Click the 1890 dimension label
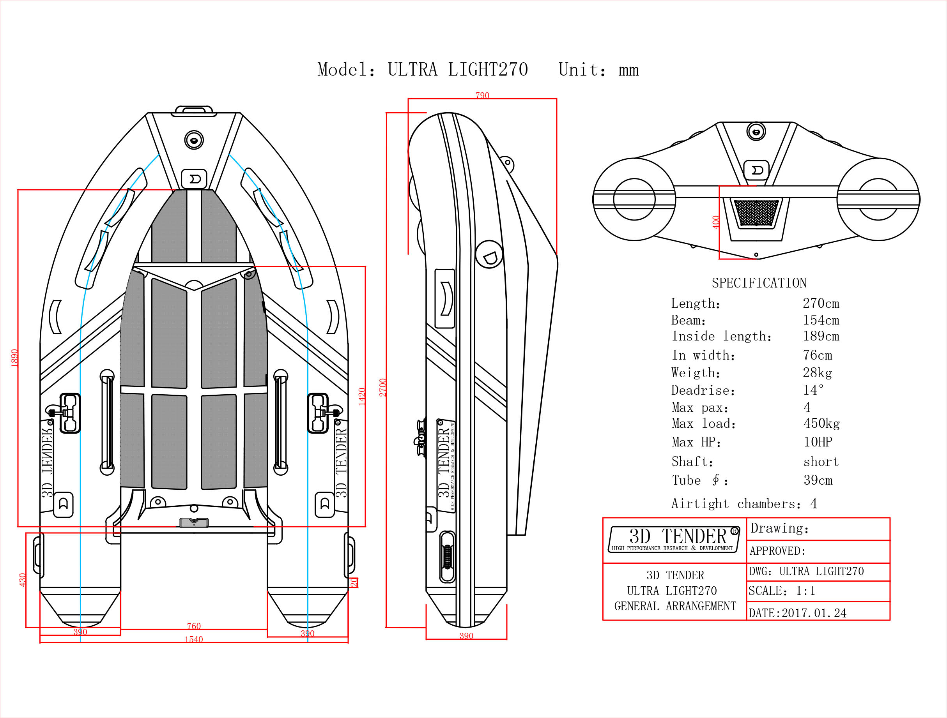click(x=14, y=358)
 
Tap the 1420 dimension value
click(x=362, y=396)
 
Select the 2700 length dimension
click(x=383, y=387)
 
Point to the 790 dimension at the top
click(x=482, y=95)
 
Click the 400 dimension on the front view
click(x=716, y=222)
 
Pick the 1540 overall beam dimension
click(x=193, y=639)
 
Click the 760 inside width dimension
click(x=193, y=626)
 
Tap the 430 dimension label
click(x=23, y=580)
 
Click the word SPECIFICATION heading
click(x=759, y=283)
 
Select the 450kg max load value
click(x=821, y=423)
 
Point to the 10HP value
click(x=818, y=441)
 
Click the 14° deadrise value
click(x=812, y=390)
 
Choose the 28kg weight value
click(x=817, y=373)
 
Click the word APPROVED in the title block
click(x=777, y=551)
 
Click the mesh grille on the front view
click(x=756, y=212)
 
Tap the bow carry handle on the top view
click(x=194, y=110)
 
